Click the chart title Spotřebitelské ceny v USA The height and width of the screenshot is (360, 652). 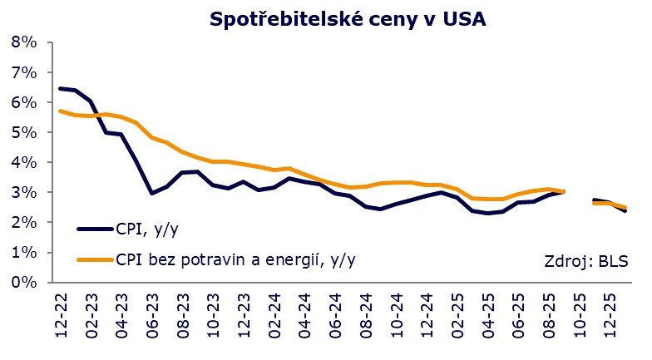(x=347, y=18)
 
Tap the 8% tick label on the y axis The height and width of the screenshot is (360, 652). (x=24, y=42)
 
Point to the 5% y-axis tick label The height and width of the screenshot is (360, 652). (x=24, y=132)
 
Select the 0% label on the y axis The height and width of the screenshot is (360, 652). (x=24, y=282)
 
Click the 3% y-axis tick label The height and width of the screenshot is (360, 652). (x=24, y=192)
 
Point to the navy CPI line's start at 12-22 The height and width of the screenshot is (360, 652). (x=60, y=88)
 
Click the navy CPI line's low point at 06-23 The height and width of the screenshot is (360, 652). (x=151, y=193)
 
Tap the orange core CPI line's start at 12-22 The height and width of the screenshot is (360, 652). (x=60, y=111)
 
